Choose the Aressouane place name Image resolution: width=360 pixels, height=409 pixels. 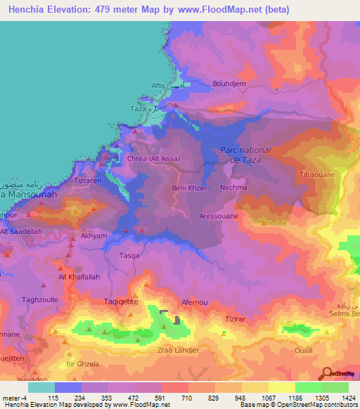click(219, 216)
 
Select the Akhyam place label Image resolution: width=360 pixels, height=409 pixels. click(94, 237)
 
